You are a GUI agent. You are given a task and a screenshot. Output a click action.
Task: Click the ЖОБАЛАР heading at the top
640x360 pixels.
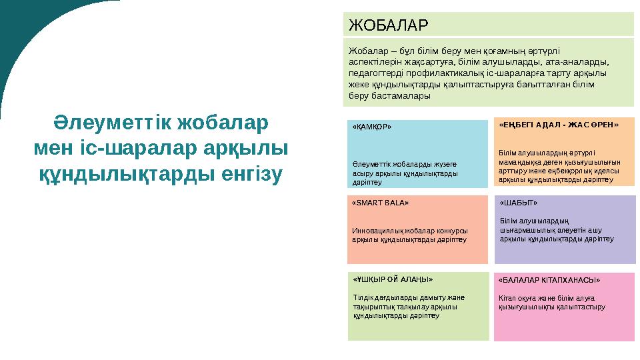pyautogui.click(x=387, y=25)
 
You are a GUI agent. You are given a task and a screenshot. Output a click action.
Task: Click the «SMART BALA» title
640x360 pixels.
pyautogui.click(x=381, y=201)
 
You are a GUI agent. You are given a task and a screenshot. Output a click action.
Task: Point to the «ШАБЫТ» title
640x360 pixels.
pyautogui.click(x=518, y=202)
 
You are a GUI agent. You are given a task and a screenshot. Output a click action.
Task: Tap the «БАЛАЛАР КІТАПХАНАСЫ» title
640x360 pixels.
pyautogui.click(x=549, y=280)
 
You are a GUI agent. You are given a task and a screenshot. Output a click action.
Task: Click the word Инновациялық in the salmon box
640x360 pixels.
pyautogui.click(x=375, y=231)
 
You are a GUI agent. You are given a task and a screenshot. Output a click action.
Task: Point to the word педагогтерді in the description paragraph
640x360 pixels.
pyautogui.click(x=376, y=73)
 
